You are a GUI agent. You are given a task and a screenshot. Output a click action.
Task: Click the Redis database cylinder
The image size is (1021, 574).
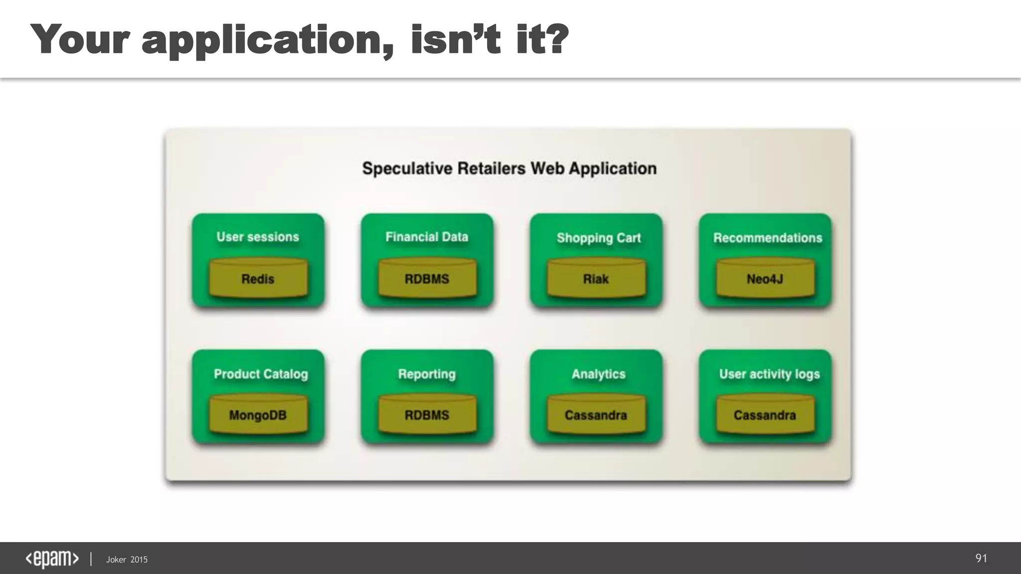(x=258, y=278)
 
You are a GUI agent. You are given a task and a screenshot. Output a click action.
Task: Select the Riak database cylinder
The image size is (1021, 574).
(x=596, y=278)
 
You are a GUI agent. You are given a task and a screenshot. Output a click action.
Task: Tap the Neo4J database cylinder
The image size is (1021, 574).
(x=765, y=278)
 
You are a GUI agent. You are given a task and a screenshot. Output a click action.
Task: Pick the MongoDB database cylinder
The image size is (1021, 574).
(x=258, y=415)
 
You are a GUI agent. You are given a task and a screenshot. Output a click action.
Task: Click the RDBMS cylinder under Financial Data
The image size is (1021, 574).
(x=427, y=278)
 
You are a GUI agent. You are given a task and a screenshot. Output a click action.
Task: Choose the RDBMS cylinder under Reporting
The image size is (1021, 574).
(x=427, y=415)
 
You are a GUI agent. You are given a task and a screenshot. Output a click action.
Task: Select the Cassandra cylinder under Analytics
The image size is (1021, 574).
(x=596, y=415)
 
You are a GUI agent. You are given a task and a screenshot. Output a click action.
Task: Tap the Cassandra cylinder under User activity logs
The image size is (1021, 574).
(x=765, y=415)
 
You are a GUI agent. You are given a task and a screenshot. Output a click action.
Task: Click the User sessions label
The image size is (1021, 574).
(x=258, y=237)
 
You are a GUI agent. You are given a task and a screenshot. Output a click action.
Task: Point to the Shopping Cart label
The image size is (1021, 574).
(x=598, y=238)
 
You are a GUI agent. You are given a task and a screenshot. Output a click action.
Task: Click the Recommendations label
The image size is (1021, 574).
(x=767, y=238)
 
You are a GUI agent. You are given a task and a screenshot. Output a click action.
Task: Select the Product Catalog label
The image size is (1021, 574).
(x=261, y=374)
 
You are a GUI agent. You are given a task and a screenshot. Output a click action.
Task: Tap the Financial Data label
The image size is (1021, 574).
(x=427, y=237)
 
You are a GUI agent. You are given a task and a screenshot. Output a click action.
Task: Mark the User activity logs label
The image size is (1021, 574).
(x=769, y=374)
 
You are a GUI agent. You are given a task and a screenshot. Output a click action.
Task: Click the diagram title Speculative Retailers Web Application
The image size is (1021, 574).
(x=509, y=168)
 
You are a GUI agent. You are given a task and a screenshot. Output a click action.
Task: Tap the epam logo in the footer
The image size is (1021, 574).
(x=52, y=559)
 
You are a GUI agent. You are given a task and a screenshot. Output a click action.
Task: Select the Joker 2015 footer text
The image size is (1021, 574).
(x=127, y=560)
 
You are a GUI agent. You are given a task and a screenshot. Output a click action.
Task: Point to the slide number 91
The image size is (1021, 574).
(x=981, y=558)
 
